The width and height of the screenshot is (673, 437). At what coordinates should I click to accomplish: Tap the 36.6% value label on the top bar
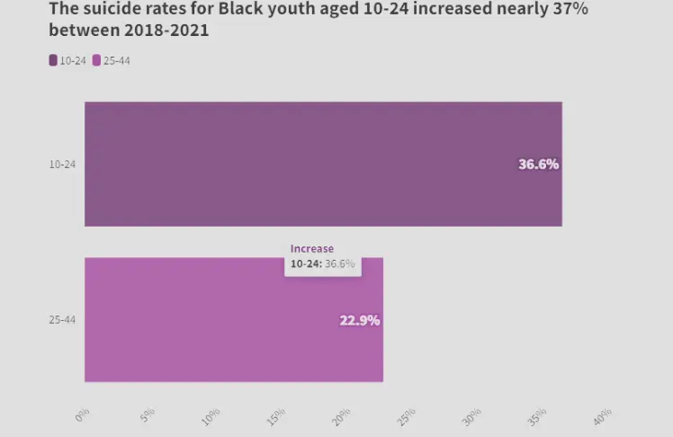538,165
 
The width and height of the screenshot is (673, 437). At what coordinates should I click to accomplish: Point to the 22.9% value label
359,320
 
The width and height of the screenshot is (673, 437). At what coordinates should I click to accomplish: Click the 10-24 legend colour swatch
53,61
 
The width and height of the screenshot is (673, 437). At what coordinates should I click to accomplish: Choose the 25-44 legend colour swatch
97,61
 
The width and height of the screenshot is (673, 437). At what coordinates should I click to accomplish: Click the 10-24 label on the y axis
62,165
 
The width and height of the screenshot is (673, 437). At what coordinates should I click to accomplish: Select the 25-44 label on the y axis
62,320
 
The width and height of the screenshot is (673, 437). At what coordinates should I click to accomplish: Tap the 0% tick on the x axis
82,415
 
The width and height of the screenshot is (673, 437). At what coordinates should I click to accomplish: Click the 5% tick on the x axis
147,415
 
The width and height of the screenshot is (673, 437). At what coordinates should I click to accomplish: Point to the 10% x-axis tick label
211,416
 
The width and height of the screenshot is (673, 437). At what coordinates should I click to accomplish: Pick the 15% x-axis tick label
276,416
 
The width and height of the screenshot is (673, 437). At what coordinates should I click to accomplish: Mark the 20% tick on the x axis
341,416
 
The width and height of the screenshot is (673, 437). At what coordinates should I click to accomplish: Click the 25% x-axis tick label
407,416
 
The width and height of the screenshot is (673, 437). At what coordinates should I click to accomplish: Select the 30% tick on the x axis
471,416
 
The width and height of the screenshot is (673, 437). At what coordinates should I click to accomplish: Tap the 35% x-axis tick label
537,416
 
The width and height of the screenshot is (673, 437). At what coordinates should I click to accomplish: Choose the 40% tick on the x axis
602,416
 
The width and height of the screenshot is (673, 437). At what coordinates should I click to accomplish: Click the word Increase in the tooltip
311,248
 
